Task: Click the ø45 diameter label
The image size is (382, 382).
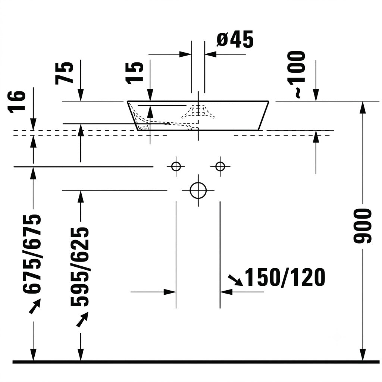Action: click(235, 39)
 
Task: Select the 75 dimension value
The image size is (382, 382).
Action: click(64, 73)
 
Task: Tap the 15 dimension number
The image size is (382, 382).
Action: click(134, 73)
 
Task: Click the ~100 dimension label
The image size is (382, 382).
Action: click(297, 74)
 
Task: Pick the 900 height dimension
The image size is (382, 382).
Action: click(362, 226)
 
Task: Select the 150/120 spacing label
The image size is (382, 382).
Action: click(285, 277)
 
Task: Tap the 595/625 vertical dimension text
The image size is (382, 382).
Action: click(79, 267)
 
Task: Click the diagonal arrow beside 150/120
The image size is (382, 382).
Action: click(235, 280)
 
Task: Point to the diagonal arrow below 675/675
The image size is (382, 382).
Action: click(35, 307)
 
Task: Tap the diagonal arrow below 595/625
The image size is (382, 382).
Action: click(82, 319)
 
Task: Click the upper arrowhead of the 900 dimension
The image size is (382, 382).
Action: click(363, 107)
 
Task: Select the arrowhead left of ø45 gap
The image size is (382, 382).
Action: click(185, 54)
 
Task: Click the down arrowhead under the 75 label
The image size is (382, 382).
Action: click(81, 95)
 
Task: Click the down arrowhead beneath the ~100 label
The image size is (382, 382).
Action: click(316, 95)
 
